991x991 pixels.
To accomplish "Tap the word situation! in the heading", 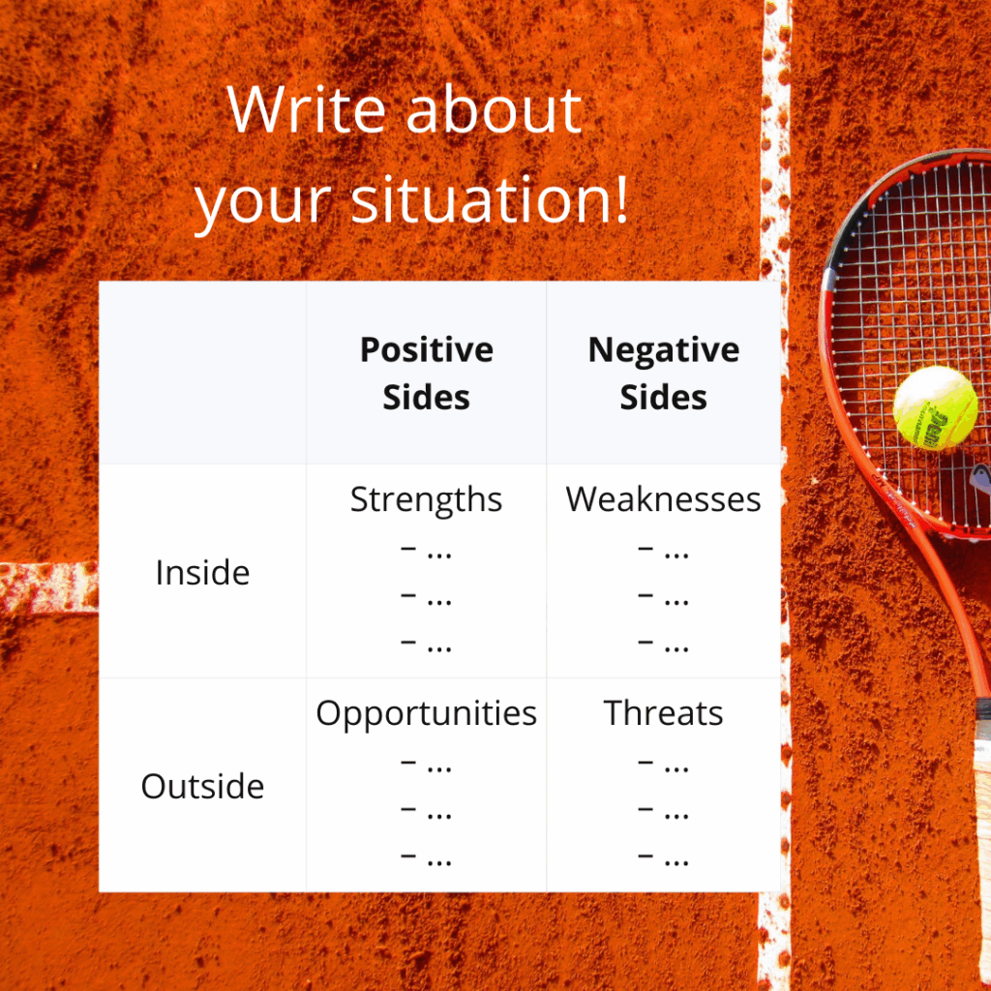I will click(490, 200).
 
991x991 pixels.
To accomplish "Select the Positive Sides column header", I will click(426, 374).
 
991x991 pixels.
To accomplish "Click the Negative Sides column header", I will click(663, 374).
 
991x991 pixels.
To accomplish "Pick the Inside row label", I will click(202, 573).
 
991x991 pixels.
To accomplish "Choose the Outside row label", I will click(202, 786).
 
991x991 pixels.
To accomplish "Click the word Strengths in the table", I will click(426, 499).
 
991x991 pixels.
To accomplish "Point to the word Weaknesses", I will click(663, 499).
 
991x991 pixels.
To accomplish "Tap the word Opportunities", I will click(426, 713).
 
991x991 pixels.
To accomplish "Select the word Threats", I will click(663, 713).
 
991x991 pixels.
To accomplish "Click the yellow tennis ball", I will click(935, 407).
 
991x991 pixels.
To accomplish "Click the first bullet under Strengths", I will click(426, 552).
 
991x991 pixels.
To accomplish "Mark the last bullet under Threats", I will click(663, 856).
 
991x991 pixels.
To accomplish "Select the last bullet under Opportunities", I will click(426, 856).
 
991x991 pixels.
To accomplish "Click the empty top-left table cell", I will click(202, 374).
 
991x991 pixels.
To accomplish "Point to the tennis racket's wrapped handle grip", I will click(979, 765).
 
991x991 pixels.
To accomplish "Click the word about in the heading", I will click(494, 110).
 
